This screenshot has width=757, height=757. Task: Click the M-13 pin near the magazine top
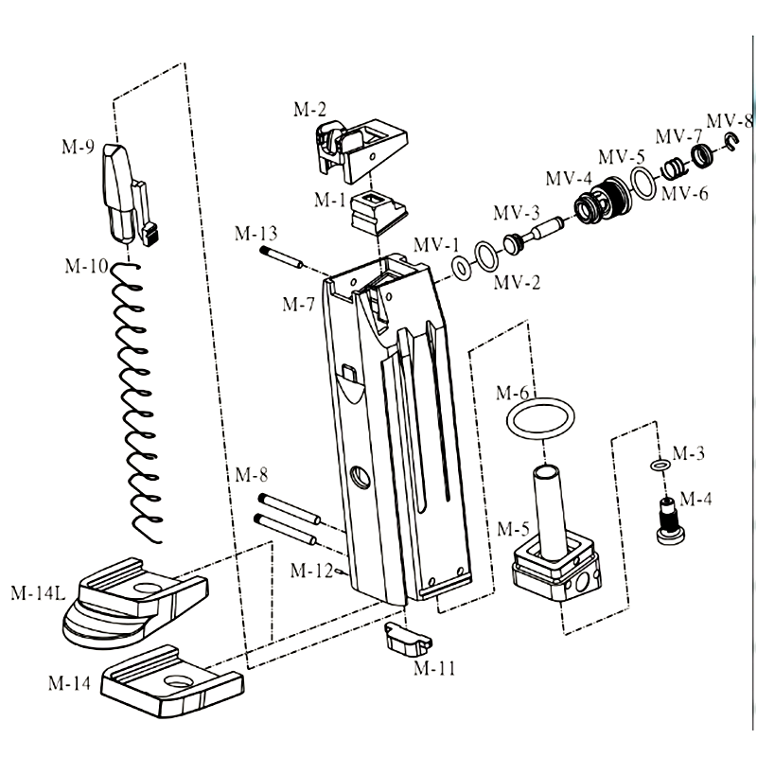click(278, 255)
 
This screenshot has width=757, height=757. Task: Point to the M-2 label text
click(309, 110)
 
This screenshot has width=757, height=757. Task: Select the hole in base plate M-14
click(175, 684)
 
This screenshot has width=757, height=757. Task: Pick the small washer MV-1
click(463, 268)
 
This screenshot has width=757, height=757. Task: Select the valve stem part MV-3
click(534, 234)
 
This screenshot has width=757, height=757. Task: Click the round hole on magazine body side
click(360, 477)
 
